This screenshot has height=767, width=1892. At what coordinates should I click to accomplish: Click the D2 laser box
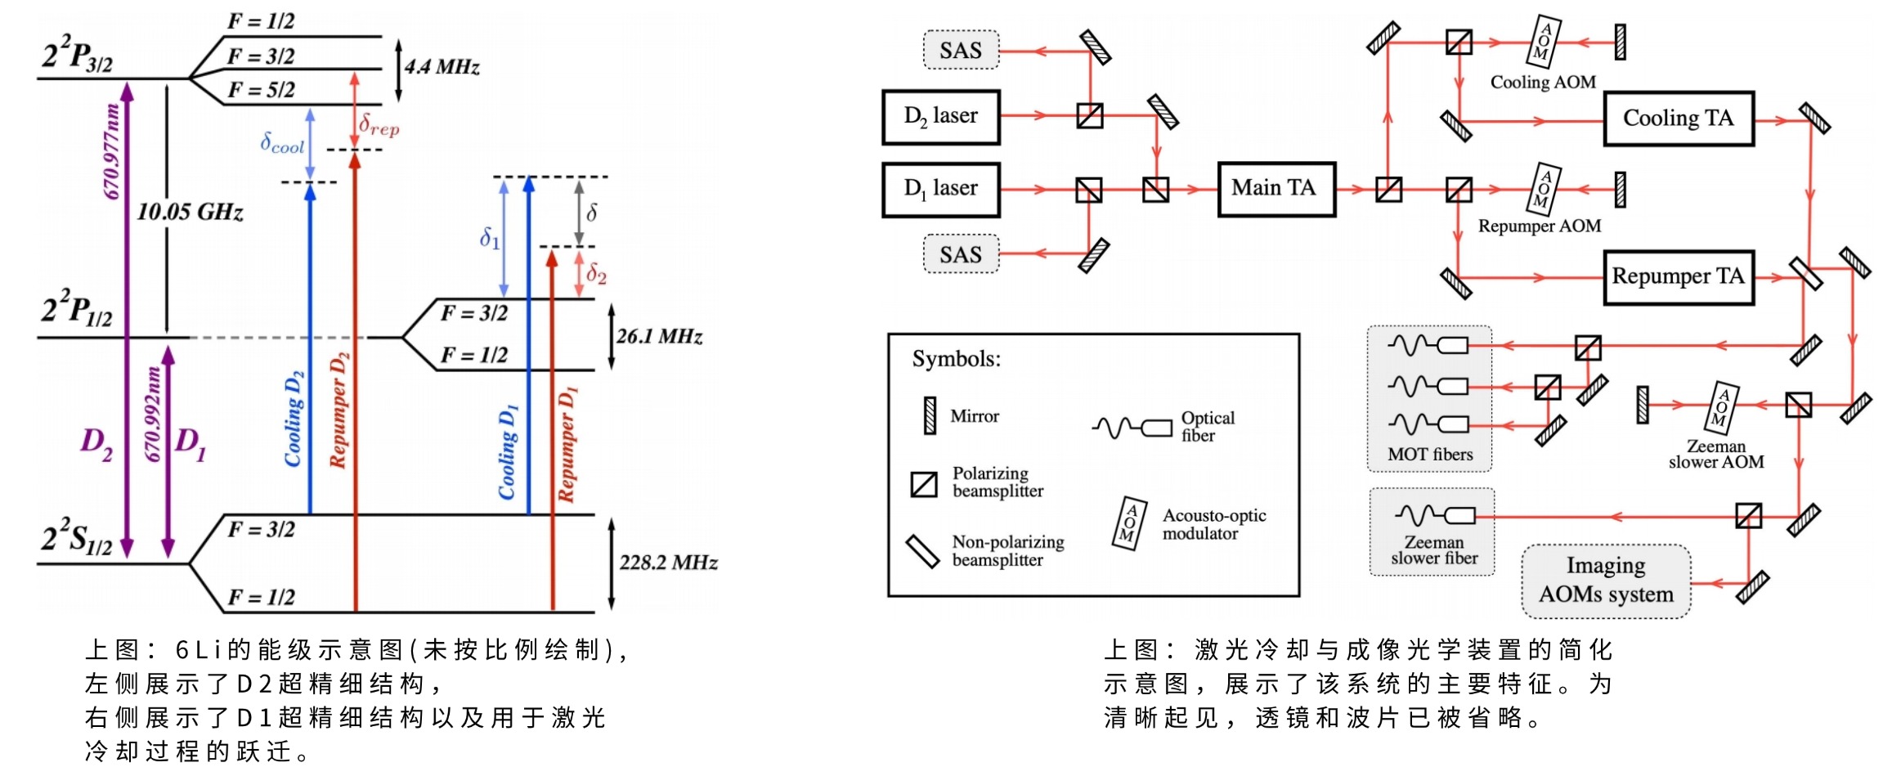pos(940,117)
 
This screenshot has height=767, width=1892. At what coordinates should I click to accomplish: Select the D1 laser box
pos(940,189)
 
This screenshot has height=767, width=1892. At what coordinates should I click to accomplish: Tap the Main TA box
pos(1276,189)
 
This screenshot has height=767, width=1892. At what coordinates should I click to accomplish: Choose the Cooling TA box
pos(1678,119)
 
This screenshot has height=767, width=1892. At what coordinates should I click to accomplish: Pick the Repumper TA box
pos(1678,277)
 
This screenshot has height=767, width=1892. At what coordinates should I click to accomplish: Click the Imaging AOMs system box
pos(1606,581)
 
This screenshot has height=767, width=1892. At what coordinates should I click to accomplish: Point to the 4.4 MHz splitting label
pos(442,67)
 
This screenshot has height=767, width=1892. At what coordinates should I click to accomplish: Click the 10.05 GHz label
pos(190,213)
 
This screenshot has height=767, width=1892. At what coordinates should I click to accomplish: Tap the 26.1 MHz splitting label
pos(659,336)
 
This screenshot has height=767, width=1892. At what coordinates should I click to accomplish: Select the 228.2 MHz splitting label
pos(668,563)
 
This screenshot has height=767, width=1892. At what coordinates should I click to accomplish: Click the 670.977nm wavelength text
pos(112,151)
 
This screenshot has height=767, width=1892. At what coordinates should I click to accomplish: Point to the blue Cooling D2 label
pos(294,419)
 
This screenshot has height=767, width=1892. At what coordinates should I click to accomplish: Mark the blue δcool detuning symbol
pos(282,144)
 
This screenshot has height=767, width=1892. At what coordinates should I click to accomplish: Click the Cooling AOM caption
pos(1543,83)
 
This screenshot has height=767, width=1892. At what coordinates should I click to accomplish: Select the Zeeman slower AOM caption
pos(1716,454)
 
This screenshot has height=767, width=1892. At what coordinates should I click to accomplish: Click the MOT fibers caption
pos(1430,455)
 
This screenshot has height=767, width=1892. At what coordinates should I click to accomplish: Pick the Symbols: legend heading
pos(956,359)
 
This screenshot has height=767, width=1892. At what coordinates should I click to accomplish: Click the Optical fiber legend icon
pos(1132,427)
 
